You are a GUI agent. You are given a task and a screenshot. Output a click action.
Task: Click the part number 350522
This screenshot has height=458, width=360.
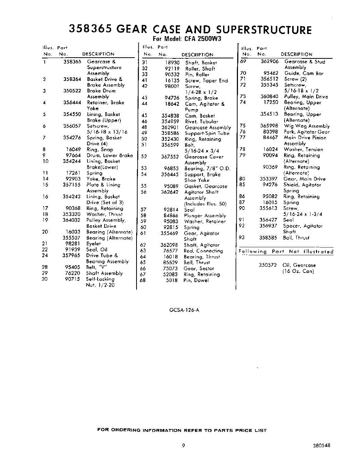[72, 91]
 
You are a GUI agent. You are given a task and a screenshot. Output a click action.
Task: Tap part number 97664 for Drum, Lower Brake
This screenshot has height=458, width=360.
[73, 155]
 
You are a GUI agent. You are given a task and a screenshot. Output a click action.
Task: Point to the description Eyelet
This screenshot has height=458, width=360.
[93, 244]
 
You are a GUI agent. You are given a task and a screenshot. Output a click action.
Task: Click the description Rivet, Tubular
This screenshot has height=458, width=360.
[201, 121]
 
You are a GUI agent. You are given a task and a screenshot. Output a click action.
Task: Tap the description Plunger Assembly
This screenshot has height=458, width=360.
[205, 216]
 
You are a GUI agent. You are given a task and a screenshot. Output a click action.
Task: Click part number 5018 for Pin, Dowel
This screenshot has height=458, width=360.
[172, 280]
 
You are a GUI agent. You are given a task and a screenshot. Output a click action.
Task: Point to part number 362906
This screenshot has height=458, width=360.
[270, 61]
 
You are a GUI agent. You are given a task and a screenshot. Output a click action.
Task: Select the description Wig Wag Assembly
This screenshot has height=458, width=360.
[307, 126]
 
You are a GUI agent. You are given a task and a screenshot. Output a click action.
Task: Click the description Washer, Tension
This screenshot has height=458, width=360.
[303, 150]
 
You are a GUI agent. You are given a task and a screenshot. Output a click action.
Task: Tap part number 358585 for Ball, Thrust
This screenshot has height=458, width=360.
[269, 237]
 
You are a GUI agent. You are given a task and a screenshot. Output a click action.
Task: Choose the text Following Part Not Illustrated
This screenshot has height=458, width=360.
[286, 252]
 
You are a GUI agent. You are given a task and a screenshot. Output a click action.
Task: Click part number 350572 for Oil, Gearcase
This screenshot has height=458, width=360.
[268, 265]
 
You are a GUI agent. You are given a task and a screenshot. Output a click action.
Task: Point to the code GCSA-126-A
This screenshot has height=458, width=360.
[184, 310]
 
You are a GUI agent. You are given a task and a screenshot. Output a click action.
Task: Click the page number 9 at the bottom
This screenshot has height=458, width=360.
[183, 445]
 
